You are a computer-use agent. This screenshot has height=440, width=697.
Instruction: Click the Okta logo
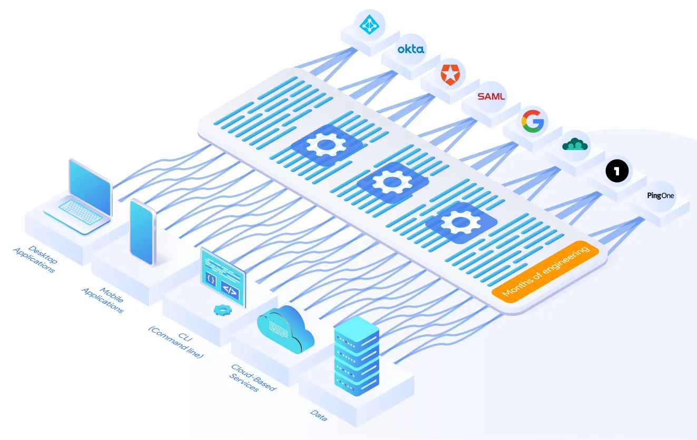click(x=411, y=50)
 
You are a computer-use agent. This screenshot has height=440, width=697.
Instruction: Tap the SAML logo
click(x=491, y=96)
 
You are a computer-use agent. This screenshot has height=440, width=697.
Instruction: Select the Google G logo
click(x=534, y=120)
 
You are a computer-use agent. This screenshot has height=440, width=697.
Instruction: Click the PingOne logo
click(x=661, y=195)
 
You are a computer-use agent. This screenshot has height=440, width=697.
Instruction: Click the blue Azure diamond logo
click(x=369, y=24)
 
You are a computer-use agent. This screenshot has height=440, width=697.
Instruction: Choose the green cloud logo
click(x=575, y=144)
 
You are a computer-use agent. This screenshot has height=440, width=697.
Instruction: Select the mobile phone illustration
click(x=142, y=232)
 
